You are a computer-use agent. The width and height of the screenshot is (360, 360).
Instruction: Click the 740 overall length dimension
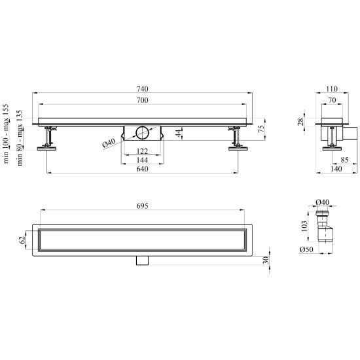click(142, 88)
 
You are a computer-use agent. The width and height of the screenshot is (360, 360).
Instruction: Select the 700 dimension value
click(142, 100)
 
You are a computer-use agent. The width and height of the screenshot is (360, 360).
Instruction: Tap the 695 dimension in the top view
click(142, 206)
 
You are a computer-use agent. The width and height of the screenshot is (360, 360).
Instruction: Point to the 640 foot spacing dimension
click(142, 169)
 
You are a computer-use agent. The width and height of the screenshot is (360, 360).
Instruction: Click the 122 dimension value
click(142, 151)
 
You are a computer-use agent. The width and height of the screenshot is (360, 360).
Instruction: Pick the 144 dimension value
click(142, 160)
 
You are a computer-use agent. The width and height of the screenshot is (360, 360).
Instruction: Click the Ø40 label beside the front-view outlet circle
click(109, 143)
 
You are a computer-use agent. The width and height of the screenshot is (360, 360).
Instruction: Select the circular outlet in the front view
click(142, 133)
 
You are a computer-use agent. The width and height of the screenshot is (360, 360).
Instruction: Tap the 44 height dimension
click(179, 133)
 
